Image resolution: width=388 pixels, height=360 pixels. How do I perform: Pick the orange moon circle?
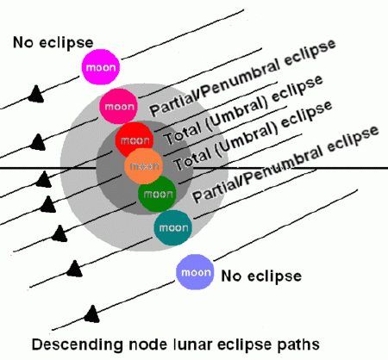click(143, 165)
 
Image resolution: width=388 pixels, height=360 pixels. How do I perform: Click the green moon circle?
click(156, 194)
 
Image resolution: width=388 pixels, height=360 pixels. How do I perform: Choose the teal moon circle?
click(173, 227)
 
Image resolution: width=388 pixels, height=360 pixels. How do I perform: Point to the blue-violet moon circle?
click(194, 273)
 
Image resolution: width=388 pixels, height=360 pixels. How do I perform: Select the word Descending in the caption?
click(73, 346)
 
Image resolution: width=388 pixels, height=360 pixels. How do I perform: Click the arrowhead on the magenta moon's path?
click(36, 92)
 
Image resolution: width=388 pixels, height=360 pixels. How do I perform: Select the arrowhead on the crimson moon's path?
click(37, 139)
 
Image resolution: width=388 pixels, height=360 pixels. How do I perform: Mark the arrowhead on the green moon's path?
click(59, 233)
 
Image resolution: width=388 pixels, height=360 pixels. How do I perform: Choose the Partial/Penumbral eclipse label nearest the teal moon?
click(285, 164)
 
